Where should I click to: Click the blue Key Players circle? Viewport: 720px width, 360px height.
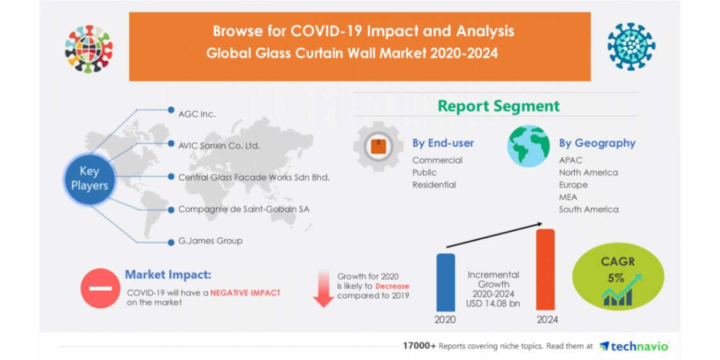click(89, 178)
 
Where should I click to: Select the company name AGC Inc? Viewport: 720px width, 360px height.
click(197, 114)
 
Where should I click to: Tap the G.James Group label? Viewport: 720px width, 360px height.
click(210, 241)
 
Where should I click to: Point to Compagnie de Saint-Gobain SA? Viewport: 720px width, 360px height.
click(244, 209)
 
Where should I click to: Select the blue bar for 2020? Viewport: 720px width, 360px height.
click(445, 282)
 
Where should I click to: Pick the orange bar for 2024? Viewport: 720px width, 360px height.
click(545, 269)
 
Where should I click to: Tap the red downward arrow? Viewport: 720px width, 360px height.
click(323, 289)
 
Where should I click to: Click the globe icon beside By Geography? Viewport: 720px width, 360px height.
click(529, 146)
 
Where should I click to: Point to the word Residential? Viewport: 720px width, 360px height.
click(434, 185)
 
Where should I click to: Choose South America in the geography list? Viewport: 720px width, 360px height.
click(588, 209)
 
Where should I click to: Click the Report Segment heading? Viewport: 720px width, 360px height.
click(498, 106)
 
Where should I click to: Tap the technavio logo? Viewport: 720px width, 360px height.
click(633, 345)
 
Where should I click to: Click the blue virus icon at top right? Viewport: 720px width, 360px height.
click(631, 46)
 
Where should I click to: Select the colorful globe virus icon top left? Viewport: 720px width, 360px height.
click(88, 48)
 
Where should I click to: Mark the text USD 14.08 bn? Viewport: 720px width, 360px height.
click(493, 303)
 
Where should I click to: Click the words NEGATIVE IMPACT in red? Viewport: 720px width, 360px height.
click(245, 293)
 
